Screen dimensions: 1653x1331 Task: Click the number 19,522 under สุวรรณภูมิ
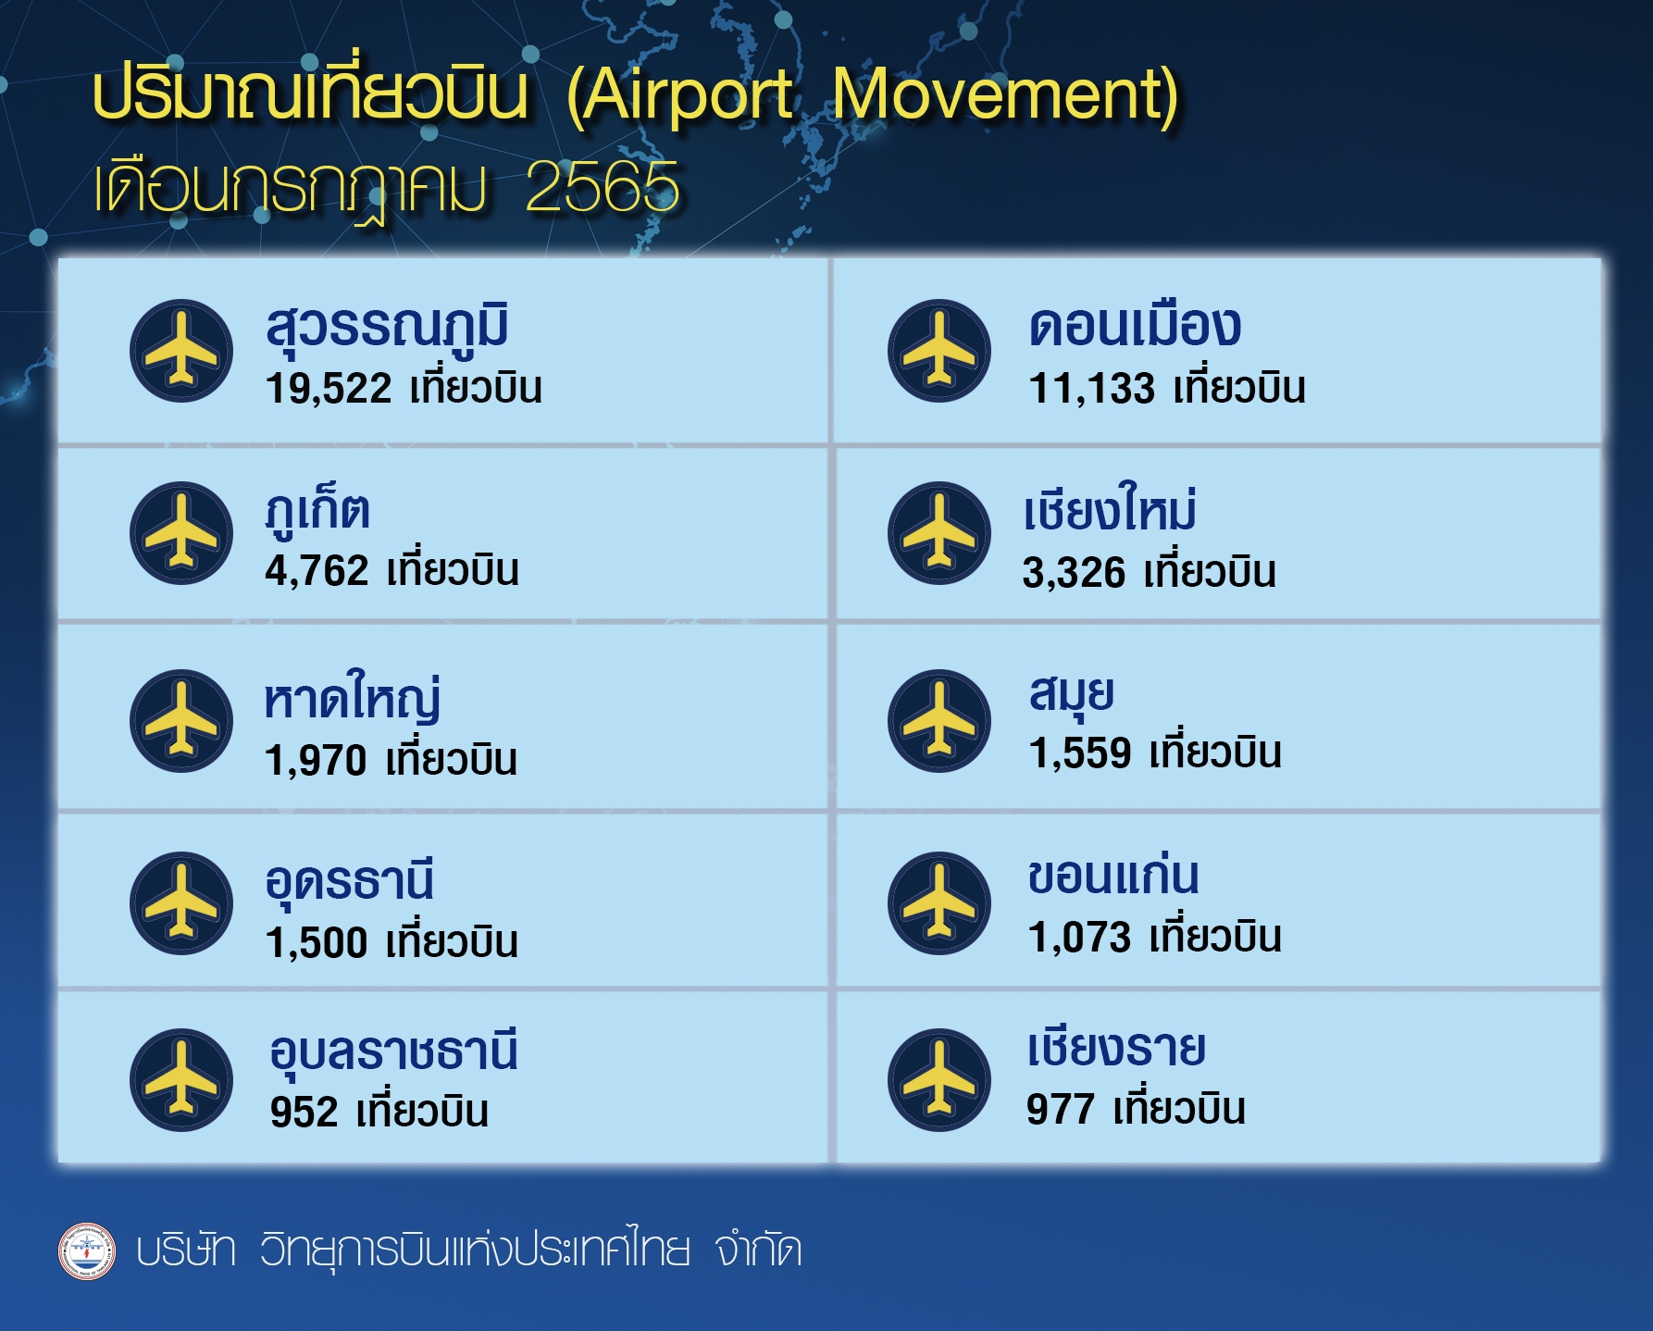(x=329, y=389)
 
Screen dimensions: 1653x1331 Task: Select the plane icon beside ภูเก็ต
(x=181, y=533)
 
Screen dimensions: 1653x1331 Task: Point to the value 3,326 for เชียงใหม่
(x=1074, y=573)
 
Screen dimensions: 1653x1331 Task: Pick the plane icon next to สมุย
(x=939, y=721)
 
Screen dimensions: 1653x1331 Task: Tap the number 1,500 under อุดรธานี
(x=317, y=943)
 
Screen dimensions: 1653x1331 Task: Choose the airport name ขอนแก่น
(x=1113, y=875)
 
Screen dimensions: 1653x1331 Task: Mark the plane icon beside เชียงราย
(x=939, y=1080)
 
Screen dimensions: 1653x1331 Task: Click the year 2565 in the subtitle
(x=602, y=187)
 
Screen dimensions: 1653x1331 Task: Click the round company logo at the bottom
(x=87, y=1251)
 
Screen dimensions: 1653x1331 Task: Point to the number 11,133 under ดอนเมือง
(x=1092, y=389)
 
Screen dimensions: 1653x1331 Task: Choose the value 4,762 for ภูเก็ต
(x=317, y=571)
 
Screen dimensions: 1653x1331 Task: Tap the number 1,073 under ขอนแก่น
(x=1079, y=938)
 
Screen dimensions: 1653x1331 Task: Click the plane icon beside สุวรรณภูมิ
(x=181, y=351)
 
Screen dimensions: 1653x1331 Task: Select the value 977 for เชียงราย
(x=1061, y=1109)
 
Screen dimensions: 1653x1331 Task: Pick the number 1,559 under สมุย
(x=1080, y=753)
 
